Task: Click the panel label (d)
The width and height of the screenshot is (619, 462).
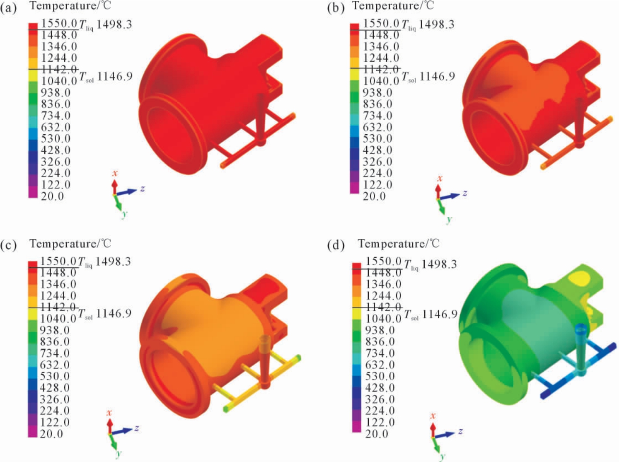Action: [x=336, y=245]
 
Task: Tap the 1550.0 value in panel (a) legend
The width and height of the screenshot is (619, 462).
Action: [x=59, y=23]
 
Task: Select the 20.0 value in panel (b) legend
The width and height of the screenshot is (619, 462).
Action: [x=374, y=196]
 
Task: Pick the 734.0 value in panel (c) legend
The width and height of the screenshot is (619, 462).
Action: [x=55, y=353]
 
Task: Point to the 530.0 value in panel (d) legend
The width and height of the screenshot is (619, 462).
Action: [x=380, y=376]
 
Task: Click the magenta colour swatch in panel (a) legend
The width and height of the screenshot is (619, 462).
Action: [x=33, y=192]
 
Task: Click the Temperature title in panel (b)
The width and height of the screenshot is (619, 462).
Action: [x=393, y=6]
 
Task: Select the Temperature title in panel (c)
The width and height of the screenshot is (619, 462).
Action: [x=70, y=244]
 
